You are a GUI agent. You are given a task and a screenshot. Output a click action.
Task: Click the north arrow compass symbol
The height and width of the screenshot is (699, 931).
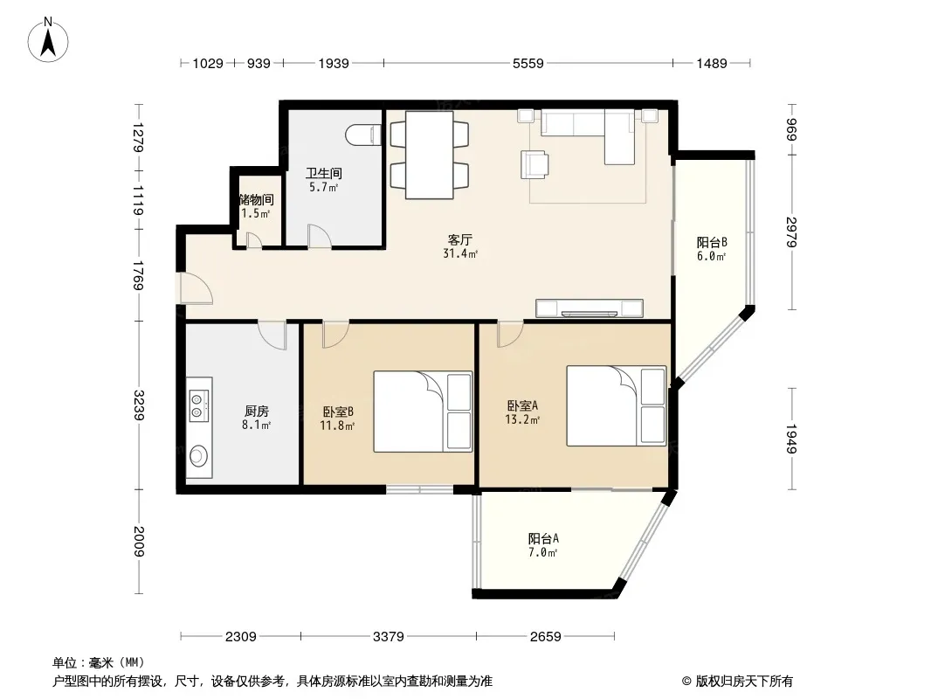[x=48, y=40]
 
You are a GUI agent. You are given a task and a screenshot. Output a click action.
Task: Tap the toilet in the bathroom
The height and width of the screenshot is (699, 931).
[x=363, y=135]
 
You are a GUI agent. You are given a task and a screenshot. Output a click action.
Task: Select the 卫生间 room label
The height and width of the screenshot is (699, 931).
[x=324, y=173]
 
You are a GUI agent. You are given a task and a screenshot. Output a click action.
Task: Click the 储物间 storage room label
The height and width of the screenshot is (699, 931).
[x=257, y=199]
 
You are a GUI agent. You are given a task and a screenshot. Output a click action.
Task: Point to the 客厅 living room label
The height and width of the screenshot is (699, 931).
[x=459, y=240]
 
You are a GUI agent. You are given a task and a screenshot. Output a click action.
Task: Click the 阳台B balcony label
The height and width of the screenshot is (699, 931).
[x=711, y=242]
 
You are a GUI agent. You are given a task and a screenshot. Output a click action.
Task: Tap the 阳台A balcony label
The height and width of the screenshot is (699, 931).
[x=543, y=538]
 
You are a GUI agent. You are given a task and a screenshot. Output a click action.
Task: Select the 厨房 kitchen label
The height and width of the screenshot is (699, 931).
[x=257, y=411]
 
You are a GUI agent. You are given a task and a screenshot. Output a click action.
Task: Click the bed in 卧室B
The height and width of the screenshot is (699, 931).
[x=423, y=412]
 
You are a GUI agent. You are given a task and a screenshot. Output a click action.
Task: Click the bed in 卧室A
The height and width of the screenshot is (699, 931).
[x=617, y=405]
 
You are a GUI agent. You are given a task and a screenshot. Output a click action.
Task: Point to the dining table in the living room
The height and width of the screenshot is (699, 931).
[x=430, y=155]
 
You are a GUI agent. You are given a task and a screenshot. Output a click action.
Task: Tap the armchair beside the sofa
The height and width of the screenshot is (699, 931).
[x=534, y=164]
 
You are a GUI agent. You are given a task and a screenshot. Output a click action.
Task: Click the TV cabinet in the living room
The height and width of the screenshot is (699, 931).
[x=589, y=308]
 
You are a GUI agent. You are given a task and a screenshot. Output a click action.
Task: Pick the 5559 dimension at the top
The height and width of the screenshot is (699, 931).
[x=528, y=63]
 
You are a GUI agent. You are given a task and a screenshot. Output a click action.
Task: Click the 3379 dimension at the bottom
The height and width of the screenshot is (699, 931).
[x=389, y=637]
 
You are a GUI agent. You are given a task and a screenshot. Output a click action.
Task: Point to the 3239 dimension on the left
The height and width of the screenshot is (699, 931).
[x=138, y=405]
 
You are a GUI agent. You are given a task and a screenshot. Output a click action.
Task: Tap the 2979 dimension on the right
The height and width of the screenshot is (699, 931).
[x=791, y=232]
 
